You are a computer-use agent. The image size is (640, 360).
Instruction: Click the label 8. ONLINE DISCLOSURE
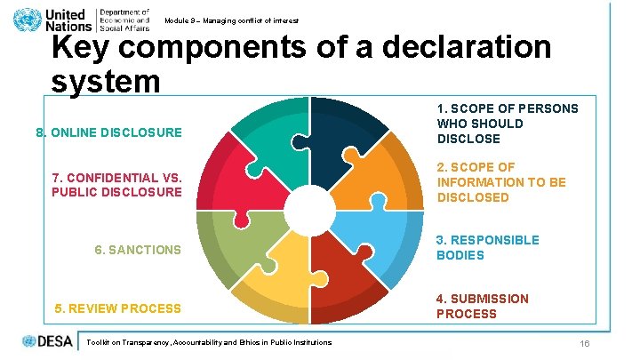tap(108, 133)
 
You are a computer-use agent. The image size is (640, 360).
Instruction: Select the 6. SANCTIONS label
tap(138, 250)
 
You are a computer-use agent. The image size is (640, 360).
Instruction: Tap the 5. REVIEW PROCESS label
tap(117, 308)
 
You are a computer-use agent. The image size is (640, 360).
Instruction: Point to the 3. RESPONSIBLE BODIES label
tap(487, 248)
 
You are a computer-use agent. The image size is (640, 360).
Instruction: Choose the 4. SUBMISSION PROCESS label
tap(483, 307)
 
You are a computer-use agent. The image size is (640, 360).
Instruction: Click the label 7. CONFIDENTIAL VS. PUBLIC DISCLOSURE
tap(116, 184)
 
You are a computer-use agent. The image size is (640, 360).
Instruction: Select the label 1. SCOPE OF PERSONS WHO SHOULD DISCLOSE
tap(507, 124)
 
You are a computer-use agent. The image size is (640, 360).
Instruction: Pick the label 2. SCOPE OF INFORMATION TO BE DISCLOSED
tap(501, 182)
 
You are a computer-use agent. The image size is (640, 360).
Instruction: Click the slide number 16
tap(584, 344)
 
